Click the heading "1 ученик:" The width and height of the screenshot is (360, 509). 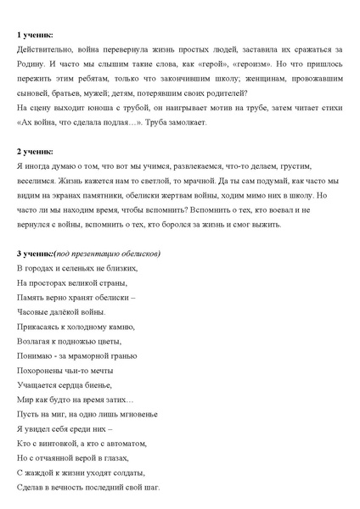34,34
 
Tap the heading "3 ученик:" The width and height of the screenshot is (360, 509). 35,254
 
